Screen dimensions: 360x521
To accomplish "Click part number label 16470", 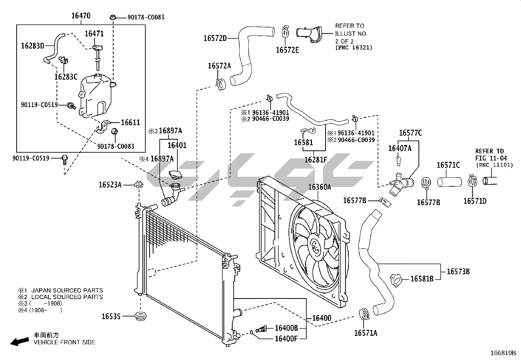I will point(81,15).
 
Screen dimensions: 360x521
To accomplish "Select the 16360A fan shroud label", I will point(319,187).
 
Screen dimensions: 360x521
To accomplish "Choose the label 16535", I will point(111,316).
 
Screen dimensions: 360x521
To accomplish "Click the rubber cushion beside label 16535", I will point(141,317).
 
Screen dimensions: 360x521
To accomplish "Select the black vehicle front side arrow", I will point(19,342).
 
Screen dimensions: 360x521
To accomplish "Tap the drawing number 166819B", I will point(503,353).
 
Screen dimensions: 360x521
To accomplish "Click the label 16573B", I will point(458,271).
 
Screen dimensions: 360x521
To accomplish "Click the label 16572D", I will point(215,38).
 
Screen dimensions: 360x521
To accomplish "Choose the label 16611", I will point(130,123).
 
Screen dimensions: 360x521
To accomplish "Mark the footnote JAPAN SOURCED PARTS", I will point(67,290).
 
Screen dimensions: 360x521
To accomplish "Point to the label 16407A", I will point(400,148).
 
